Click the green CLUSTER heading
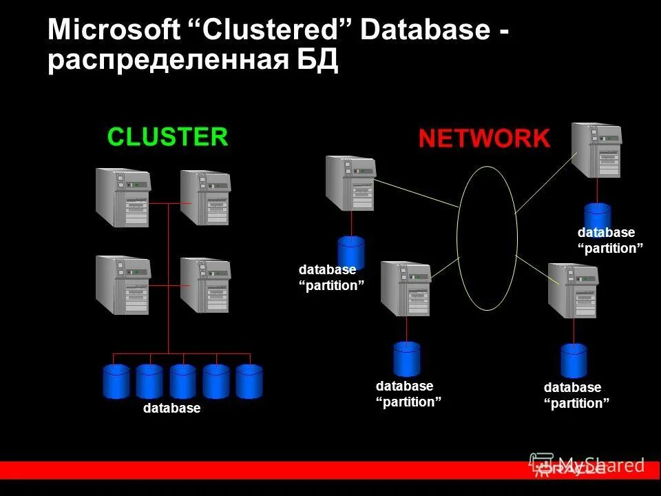point(167,137)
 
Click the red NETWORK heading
point(484,139)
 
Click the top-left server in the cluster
point(123,198)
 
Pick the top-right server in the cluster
point(205,198)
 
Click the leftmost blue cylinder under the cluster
point(116,381)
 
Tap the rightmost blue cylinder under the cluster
point(249,381)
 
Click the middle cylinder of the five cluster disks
point(182,381)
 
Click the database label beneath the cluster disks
point(171,409)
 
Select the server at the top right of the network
point(596,150)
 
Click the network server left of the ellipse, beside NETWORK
point(350,183)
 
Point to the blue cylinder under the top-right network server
point(598,215)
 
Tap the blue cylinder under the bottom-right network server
point(574,360)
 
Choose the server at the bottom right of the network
point(572,291)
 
